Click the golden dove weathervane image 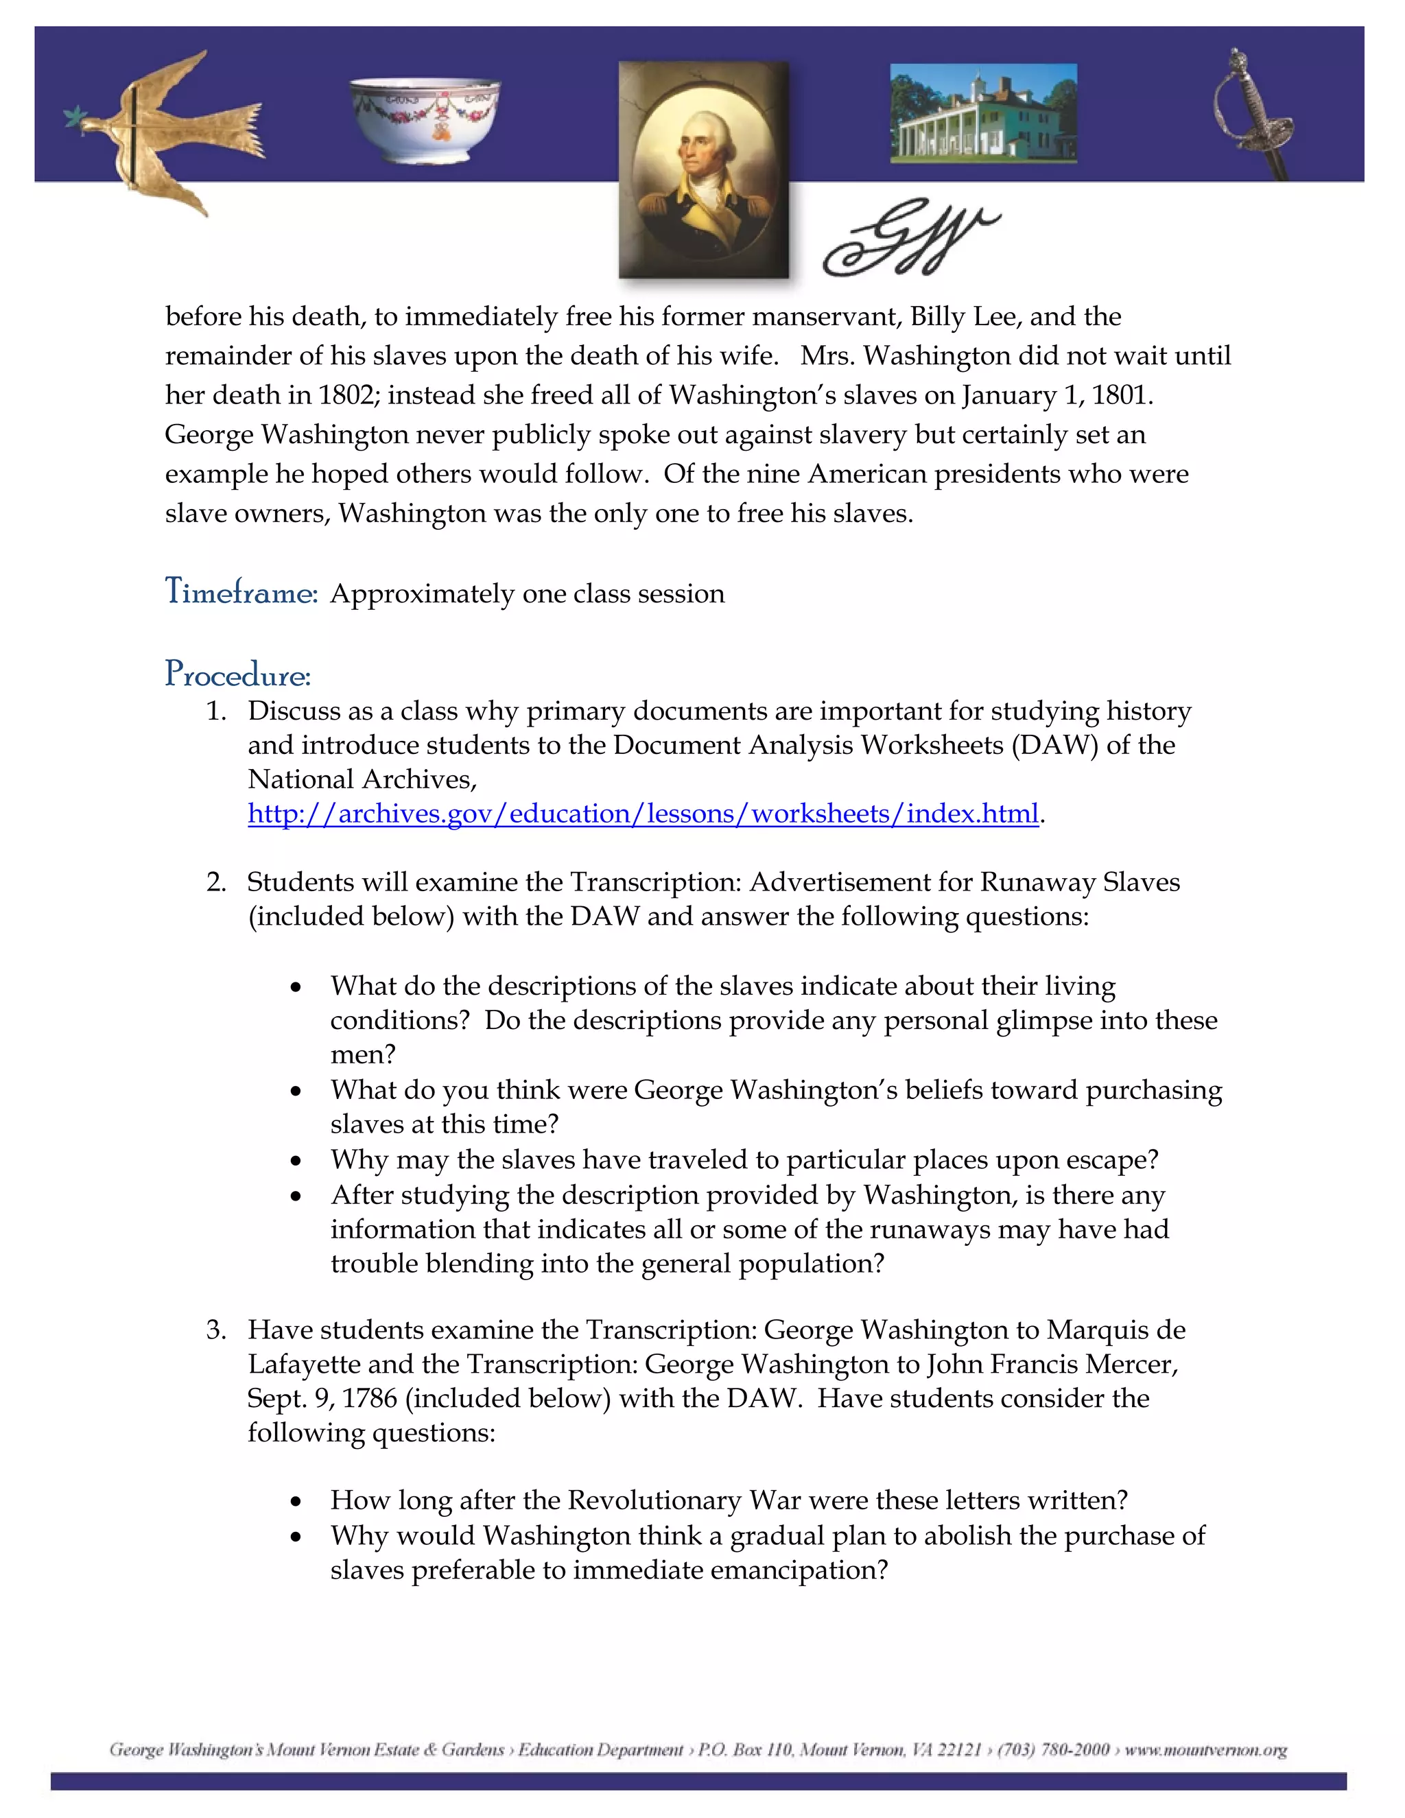pyautogui.click(x=167, y=129)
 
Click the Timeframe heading pyautogui.click(x=241, y=593)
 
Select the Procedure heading pyautogui.click(x=237, y=674)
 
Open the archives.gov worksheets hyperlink pyautogui.click(x=643, y=813)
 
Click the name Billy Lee pyautogui.click(x=964, y=316)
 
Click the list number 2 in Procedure pyautogui.click(x=215, y=882)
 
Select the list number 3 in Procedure pyautogui.click(x=215, y=1330)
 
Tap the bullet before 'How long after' pyautogui.click(x=296, y=1501)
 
